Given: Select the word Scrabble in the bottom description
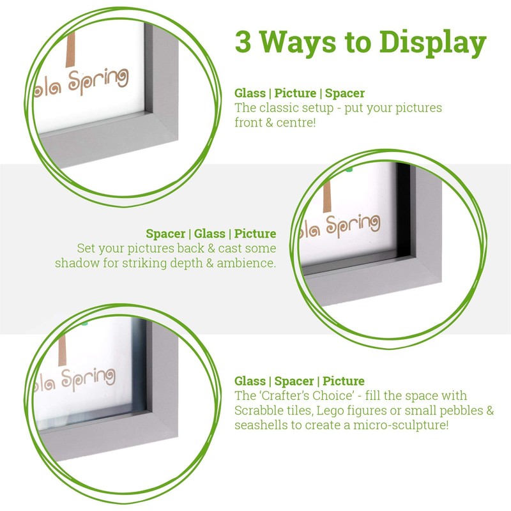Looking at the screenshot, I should point(258,410).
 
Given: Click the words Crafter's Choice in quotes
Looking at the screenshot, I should point(301,395).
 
